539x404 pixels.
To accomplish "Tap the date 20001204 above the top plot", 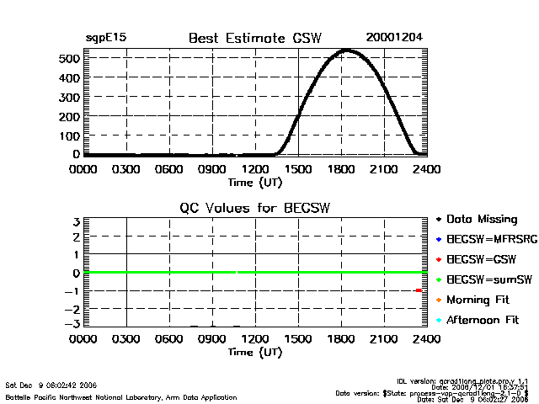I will click(x=394, y=38).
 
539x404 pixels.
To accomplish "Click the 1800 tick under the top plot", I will click(x=342, y=168).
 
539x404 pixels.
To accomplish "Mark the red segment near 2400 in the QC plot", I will click(x=419, y=290).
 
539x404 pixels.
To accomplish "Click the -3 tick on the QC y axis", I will click(x=74, y=324).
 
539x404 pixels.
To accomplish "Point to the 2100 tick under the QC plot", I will click(x=385, y=339).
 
